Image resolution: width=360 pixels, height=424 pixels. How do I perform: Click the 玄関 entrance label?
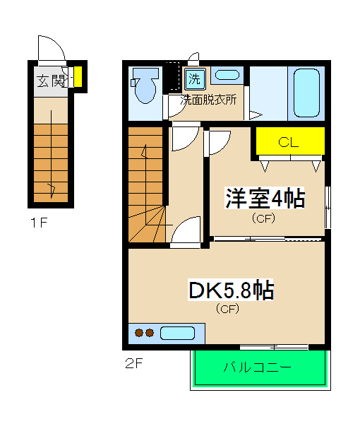tap(49, 79)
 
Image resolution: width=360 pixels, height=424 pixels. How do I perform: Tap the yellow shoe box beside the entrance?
tap(78, 77)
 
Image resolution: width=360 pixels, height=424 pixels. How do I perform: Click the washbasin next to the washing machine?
tap(226, 76)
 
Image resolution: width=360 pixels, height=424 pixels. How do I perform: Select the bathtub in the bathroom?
tap(307, 94)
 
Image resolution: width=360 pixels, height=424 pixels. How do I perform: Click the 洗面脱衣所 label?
tap(209, 99)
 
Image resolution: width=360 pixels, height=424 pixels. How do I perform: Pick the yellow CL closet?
tap(289, 142)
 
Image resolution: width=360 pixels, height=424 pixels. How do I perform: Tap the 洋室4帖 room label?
tap(265, 199)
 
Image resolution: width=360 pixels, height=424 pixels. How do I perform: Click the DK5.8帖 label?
tap(230, 290)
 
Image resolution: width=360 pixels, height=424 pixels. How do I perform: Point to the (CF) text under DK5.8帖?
tap(227, 309)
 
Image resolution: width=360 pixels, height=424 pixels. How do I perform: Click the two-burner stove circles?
tap(144, 333)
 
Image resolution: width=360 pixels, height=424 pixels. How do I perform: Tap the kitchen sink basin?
tap(178, 333)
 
